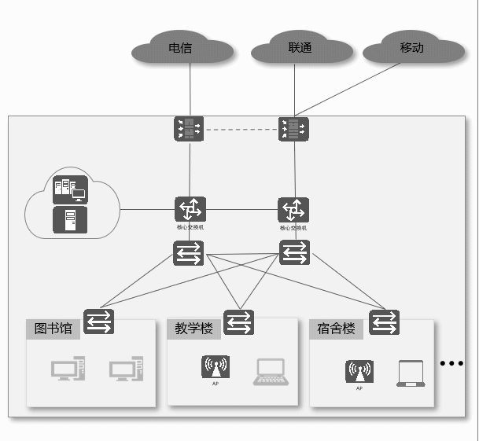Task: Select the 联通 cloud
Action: coord(300,49)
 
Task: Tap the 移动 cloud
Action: coord(412,48)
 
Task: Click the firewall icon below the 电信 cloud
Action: coord(189,129)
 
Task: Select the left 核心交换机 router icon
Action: coord(190,210)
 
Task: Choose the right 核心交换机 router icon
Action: coord(294,211)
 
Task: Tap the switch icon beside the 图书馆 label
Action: coord(99,322)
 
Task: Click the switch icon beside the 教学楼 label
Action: coord(238,322)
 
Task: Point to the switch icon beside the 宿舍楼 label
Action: coord(384,322)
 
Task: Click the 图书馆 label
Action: coord(53,329)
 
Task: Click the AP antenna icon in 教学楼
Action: coord(216,368)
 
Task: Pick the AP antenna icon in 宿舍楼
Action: coord(359,372)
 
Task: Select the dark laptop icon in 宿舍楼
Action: coord(411,373)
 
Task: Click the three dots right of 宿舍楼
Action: coord(452,363)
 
